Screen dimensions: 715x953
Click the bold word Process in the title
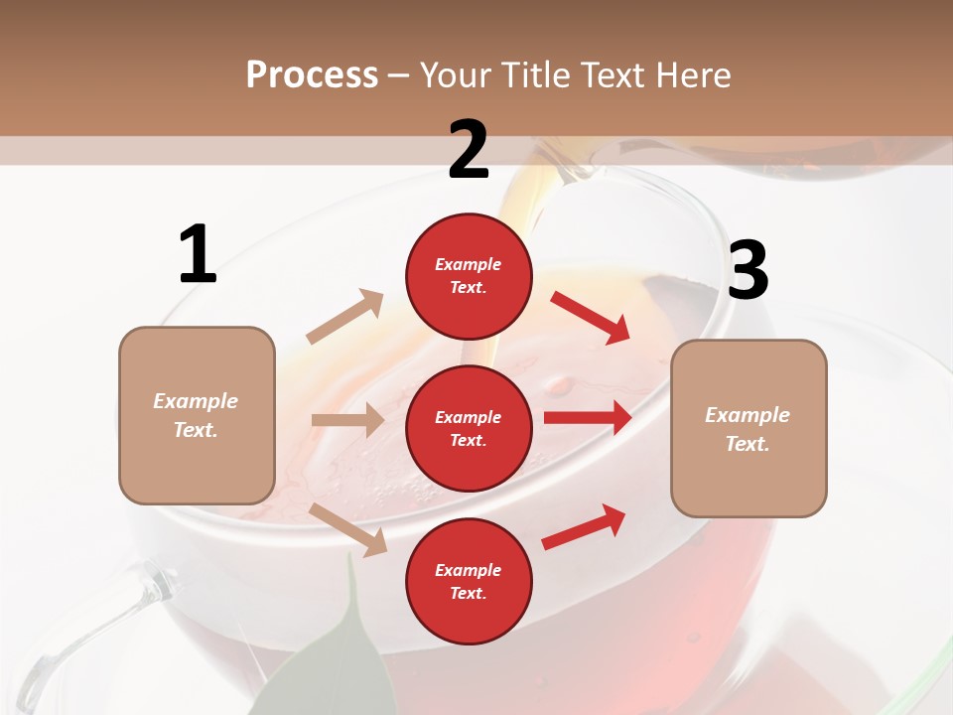[312, 75]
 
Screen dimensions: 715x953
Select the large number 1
[198, 254]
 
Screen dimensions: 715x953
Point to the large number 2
[469, 149]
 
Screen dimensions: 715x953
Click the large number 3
[748, 270]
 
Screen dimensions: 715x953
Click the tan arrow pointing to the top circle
[345, 316]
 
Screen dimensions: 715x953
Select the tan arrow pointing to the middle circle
[347, 420]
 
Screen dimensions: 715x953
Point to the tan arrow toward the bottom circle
[348, 528]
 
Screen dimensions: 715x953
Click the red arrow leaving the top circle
[591, 317]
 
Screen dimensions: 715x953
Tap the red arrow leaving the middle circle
[588, 418]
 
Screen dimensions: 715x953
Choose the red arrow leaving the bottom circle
[584, 527]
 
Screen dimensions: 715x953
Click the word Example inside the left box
[196, 401]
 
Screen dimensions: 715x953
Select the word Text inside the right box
[747, 444]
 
